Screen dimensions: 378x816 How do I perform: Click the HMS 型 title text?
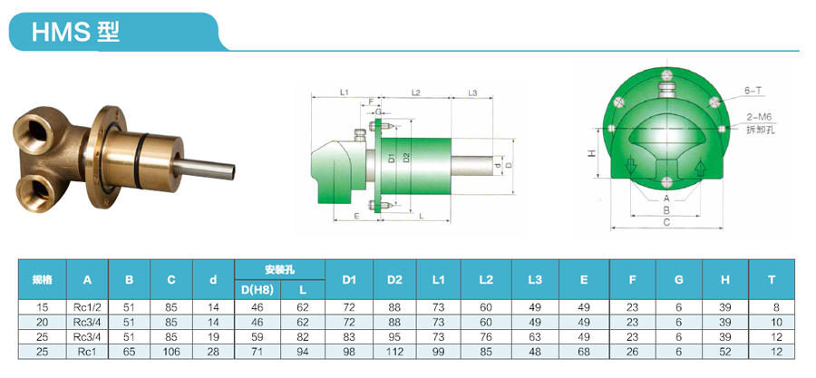click(x=76, y=33)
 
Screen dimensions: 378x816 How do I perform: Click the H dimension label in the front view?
click(x=590, y=155)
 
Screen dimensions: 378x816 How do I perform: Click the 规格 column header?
click(x=42, y=280)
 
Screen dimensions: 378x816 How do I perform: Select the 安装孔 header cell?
click(x=280, y=269)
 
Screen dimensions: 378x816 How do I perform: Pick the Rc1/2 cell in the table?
click(x=87, y=308)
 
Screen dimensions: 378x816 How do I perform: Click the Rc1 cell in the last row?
click(x=87, y=351)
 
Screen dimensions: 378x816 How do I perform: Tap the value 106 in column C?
click(x=171, y=351)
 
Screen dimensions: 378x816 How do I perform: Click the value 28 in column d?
click(x=213, y=351)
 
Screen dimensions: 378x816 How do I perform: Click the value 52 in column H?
click(x=725, y=351)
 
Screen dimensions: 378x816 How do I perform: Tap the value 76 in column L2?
click(x=486, y=336)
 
